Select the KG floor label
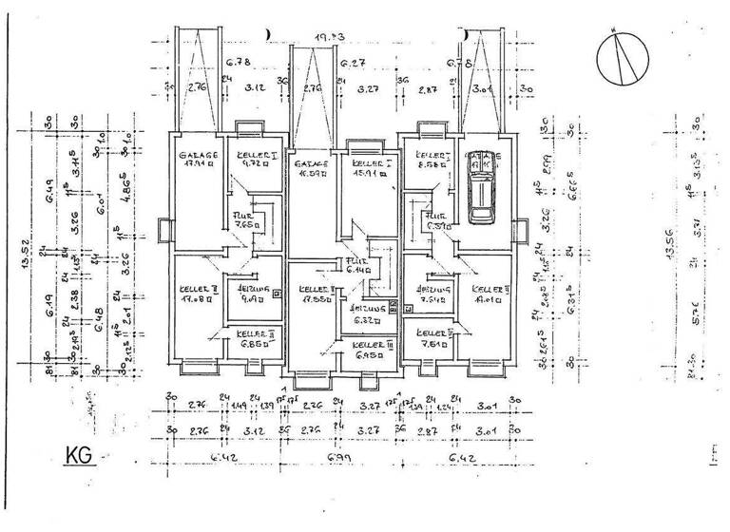point(79,455)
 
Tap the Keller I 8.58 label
point(429,159)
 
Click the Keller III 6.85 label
point(255,339)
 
